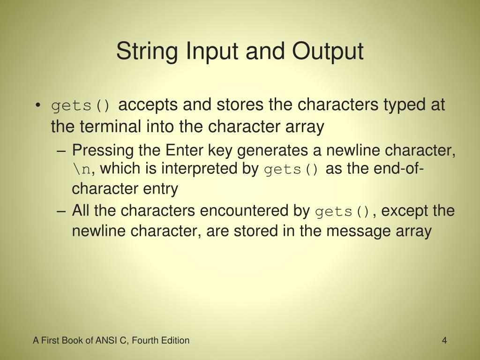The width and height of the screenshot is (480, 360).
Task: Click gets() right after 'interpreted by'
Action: coord(292,170)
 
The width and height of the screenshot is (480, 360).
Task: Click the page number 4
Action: coord(443,340)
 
